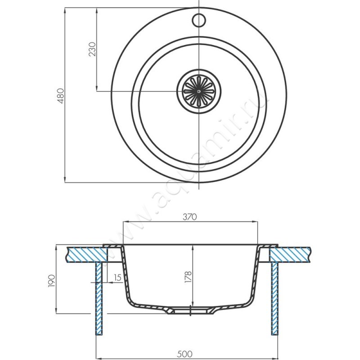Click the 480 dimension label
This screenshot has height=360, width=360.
tap(61, 95)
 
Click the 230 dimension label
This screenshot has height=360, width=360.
tap(92, 49)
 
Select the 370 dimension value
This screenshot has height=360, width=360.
tap(190, 217)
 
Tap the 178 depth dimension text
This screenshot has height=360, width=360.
tap(188, 276)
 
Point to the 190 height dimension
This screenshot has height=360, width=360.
tap(51, 280)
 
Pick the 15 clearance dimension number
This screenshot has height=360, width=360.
tap(117, 278)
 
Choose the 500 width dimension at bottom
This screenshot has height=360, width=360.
tap(185, 354)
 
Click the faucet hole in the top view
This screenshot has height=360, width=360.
tap(198, 20)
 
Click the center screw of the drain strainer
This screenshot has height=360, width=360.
tap(198, 91)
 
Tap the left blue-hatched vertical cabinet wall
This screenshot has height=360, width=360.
tap(99, 298)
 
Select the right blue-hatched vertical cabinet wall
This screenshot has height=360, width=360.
tap(275, 298)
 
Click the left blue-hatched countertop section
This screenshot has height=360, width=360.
tap(87, 255)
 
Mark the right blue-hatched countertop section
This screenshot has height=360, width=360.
tap(290, 255)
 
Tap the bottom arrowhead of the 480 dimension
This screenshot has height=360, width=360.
tap(65, 180)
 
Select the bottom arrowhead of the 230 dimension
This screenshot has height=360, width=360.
tap(96, 88)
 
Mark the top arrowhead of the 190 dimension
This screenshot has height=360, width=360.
tap(56, 248)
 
